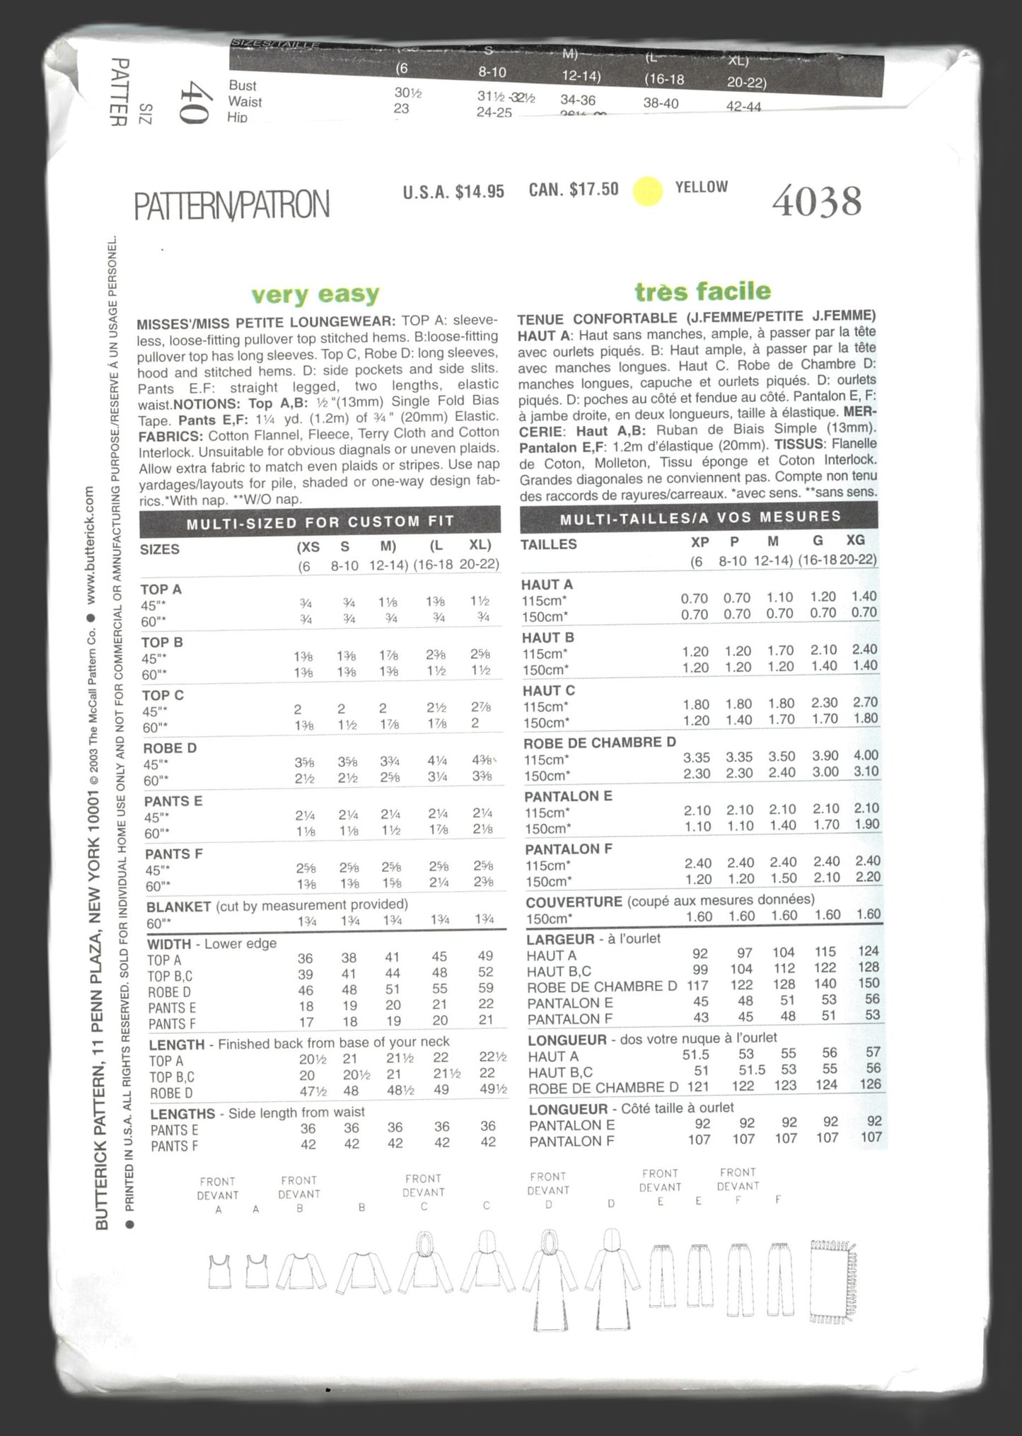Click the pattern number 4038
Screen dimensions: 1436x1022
(x=817, y=202)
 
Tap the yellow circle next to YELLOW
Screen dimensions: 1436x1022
(x=647, y=191)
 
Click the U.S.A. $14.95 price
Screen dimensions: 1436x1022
(x=453, y=191)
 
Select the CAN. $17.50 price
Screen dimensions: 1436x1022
(x=574, y=190)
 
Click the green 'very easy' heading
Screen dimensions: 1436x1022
(x=315, y=294)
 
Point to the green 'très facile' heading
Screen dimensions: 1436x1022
(x=702, y=291)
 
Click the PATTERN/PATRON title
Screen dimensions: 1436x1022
(x=232, y=205)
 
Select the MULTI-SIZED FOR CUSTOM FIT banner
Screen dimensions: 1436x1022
(x=320, y=522)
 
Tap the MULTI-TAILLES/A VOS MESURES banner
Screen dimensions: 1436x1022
(x=699, y=518)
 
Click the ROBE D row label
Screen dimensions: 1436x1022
(x=170, y=748)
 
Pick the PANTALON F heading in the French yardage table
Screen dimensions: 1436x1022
(x=569, y=849)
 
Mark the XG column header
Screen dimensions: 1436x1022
(x=855, y=540)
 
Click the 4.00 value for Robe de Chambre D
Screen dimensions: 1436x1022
(x=866, y=755)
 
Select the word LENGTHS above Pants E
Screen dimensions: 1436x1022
(x=182, y=1114)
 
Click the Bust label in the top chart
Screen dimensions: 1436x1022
(x=243, y=86)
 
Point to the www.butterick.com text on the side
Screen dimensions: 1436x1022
(x=90, y=544)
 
